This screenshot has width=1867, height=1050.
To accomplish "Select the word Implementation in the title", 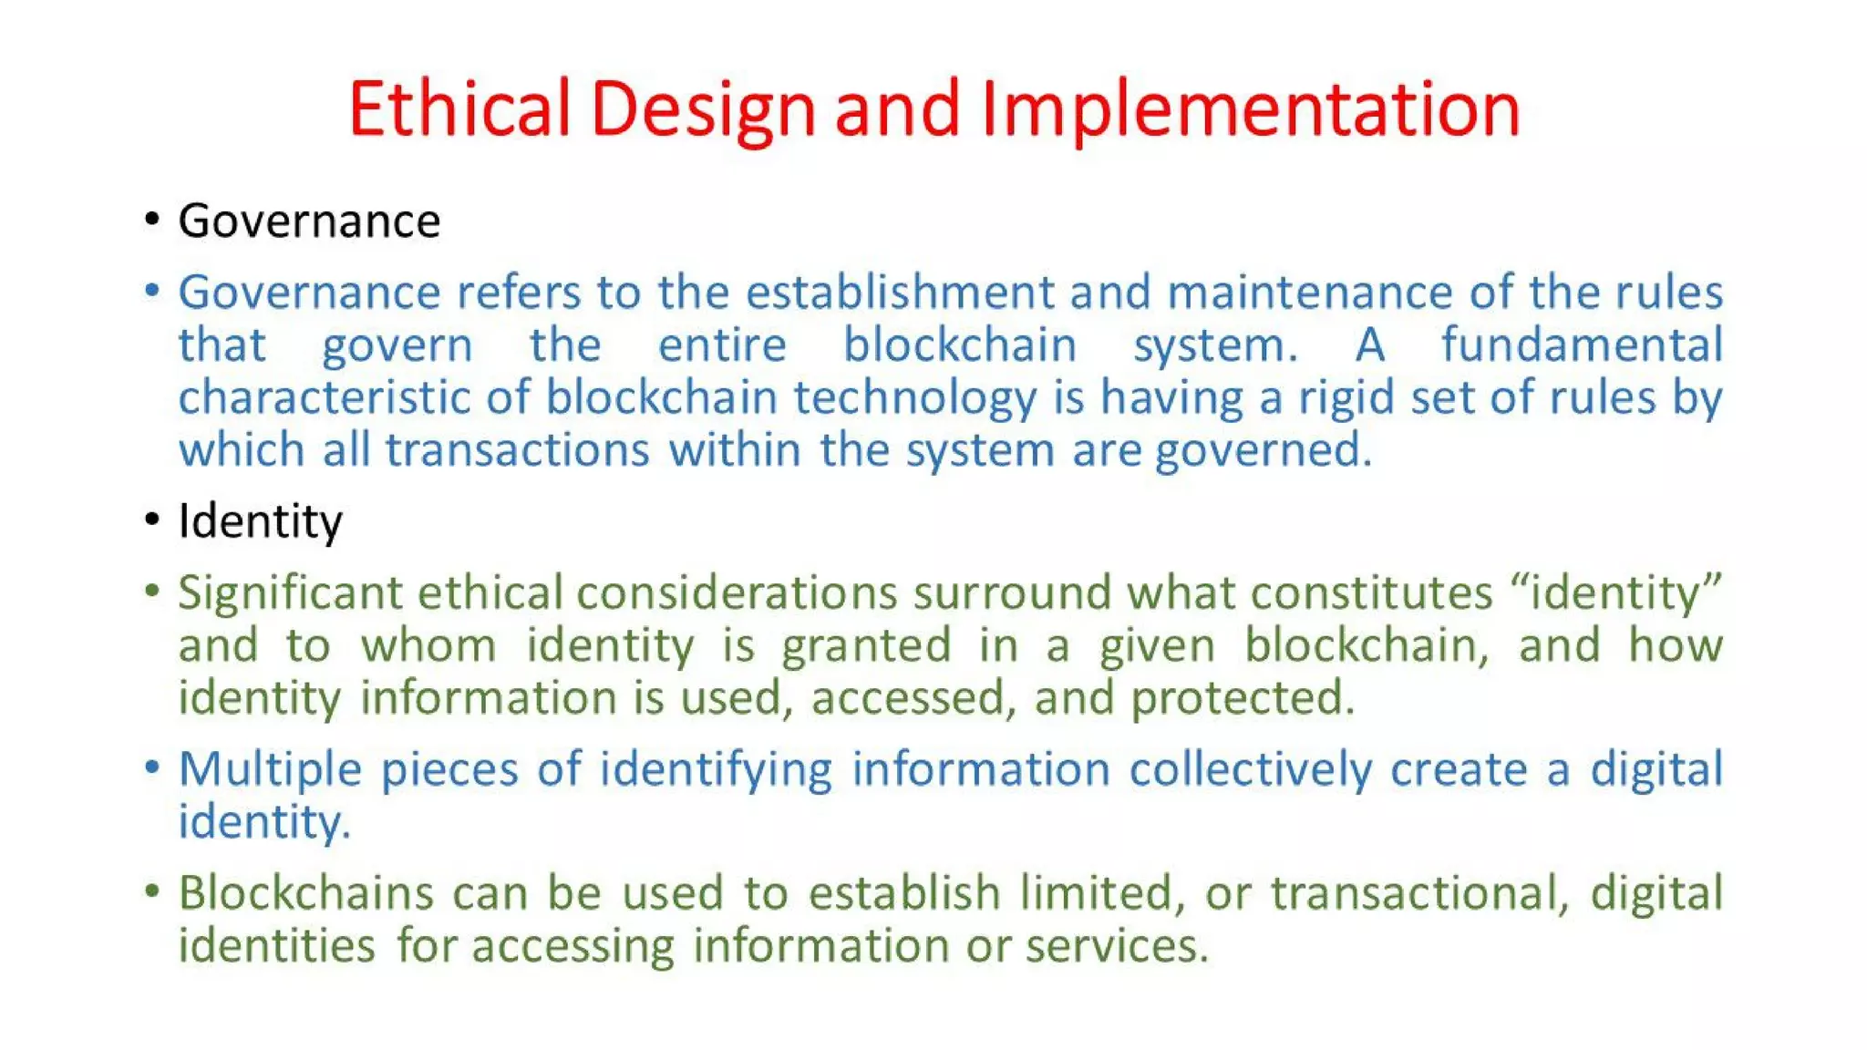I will [x=1251, y=109].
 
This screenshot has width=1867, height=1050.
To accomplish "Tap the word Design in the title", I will [x=703, y=109].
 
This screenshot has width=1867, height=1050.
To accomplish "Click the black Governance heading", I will [x=309, y=221].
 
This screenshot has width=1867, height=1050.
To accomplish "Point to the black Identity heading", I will [x=260, y=521].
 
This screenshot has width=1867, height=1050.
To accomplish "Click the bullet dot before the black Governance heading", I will [x=152, y=220].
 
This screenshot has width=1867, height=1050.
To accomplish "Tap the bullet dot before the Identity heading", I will [x=152, y=520].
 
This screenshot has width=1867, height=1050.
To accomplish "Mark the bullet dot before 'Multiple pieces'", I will [x=152, y=767].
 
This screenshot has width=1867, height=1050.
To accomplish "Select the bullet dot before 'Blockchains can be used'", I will [x=152, y=890].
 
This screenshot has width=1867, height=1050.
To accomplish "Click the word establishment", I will [x=899, y=293].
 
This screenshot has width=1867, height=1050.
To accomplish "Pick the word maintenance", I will [x=1309, y=293].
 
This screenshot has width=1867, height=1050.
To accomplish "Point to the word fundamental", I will [x=1582, y=345].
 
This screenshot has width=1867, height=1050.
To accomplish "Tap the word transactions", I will [x=517, y=450].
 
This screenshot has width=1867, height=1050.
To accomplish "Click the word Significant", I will [x=290, y=593].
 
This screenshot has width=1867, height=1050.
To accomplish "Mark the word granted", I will [x=866, y=646].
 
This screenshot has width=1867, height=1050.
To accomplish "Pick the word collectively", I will [x=1250, y=769].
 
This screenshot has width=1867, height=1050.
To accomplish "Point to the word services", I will [x=1117, y=945].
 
